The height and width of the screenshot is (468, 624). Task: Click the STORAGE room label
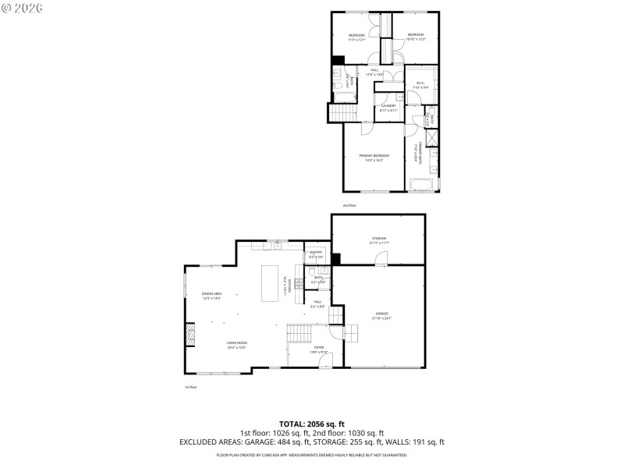(378, 239)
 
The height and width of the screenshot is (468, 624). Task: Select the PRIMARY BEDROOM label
(374, 157)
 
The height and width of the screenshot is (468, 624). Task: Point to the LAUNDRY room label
(388, 106)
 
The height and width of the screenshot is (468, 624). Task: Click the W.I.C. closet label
(420, 84)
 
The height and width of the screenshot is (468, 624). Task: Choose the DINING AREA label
(212, 294)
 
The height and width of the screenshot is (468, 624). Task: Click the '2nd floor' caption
(349, 205)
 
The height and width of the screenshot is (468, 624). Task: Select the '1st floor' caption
(190, 387)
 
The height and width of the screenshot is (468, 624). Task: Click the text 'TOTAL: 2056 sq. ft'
(311, 424)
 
